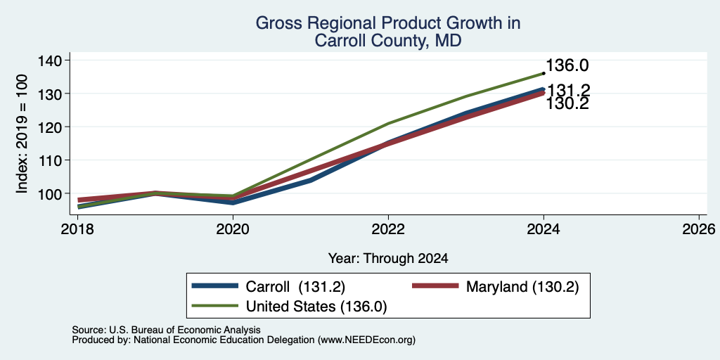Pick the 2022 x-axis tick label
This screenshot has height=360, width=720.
point(388,229)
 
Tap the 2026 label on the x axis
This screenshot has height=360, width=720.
point(699,229)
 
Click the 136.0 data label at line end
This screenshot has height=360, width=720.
point(567,65)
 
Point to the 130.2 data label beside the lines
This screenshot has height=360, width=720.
point(567,104)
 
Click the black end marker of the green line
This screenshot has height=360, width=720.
point(544,73)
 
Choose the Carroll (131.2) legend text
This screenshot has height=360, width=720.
point(295,287)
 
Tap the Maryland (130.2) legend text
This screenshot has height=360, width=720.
point(522,287)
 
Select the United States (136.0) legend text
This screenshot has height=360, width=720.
point(316,307)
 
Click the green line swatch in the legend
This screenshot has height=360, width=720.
point(215,306)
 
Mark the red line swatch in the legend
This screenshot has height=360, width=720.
point(435,286)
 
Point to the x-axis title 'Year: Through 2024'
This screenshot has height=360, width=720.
point(388,259)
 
